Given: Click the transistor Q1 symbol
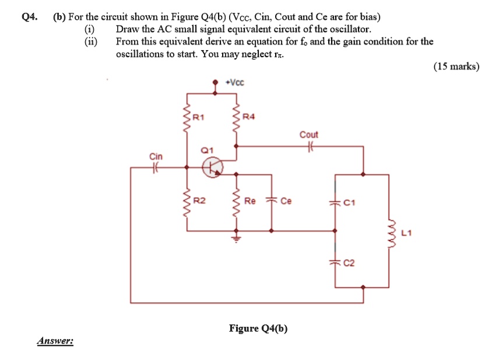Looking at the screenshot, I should (212, 168).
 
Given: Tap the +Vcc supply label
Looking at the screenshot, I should (236, 83).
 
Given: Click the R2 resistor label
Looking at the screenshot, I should (199, 201).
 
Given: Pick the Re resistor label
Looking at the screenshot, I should (250, 201).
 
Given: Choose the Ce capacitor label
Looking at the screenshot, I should (286, 201).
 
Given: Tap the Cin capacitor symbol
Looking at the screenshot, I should (156, 168).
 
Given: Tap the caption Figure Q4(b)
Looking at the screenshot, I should (258, 328).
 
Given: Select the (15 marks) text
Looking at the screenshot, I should (456, 66).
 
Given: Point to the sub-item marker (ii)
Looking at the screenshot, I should (91, 41).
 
